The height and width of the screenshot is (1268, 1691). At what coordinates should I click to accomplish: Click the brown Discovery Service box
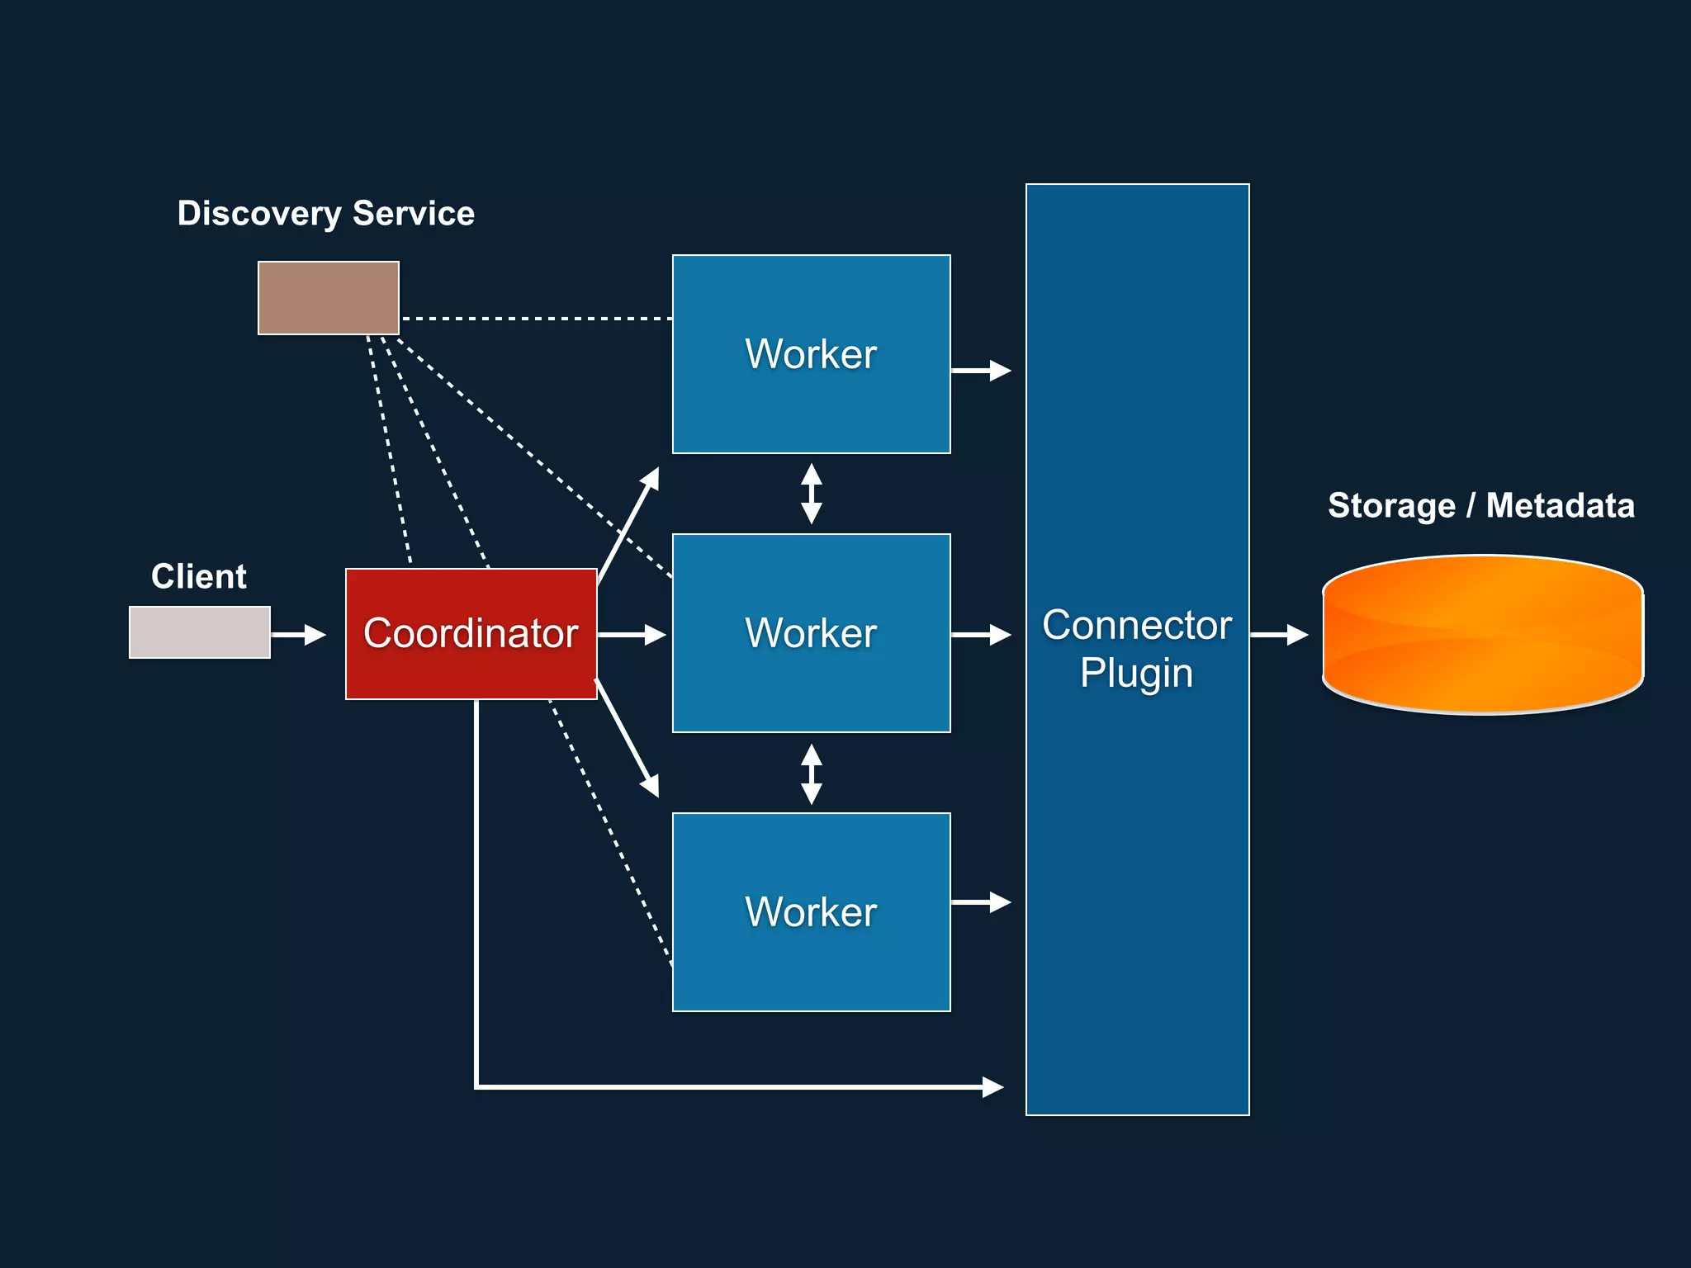[x=328, y=298]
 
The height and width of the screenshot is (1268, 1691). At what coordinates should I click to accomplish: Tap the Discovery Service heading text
[x=325, y=213]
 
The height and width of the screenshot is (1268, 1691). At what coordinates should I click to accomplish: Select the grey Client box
[x=199, y=632]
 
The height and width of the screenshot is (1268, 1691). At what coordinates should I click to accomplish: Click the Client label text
[x=198, y=576]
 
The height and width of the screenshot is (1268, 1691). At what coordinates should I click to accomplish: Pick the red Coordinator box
[x=471, y=633]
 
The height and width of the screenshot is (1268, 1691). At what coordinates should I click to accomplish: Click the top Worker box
[x=811, y=354]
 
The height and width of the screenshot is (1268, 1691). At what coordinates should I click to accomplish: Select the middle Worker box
[x=811, y=633]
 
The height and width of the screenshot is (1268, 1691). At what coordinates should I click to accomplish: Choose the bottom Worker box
[x=811, y=912]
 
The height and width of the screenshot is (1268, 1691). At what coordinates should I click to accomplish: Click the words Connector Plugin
[x=1137, y=649]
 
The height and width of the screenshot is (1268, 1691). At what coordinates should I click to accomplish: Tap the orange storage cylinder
[x=1482, y=634]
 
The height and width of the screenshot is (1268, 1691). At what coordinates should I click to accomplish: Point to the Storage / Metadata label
[x=1480, y=505]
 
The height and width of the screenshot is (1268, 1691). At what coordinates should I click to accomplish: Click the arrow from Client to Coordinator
[x=298, y=635]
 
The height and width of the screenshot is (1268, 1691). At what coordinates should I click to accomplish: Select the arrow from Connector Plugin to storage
[x=1279, y=635]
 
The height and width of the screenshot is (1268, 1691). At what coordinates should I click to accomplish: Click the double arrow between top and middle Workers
[x=812, y=494]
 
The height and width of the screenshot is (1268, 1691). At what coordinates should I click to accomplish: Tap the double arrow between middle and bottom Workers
[x=812, y=774]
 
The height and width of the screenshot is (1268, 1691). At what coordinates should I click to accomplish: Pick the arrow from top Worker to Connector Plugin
[x=981, y=371]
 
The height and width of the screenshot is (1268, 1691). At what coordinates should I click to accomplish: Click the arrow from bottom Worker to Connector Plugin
[x=981, y=902]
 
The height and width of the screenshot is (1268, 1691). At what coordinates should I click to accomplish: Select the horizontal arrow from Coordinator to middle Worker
[x=632, y=635]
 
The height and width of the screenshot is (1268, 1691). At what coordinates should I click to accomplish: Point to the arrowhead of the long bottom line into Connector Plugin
[x=993, y=1087]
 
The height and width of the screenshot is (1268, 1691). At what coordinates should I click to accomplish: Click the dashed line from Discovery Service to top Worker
[x=537, y=318]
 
